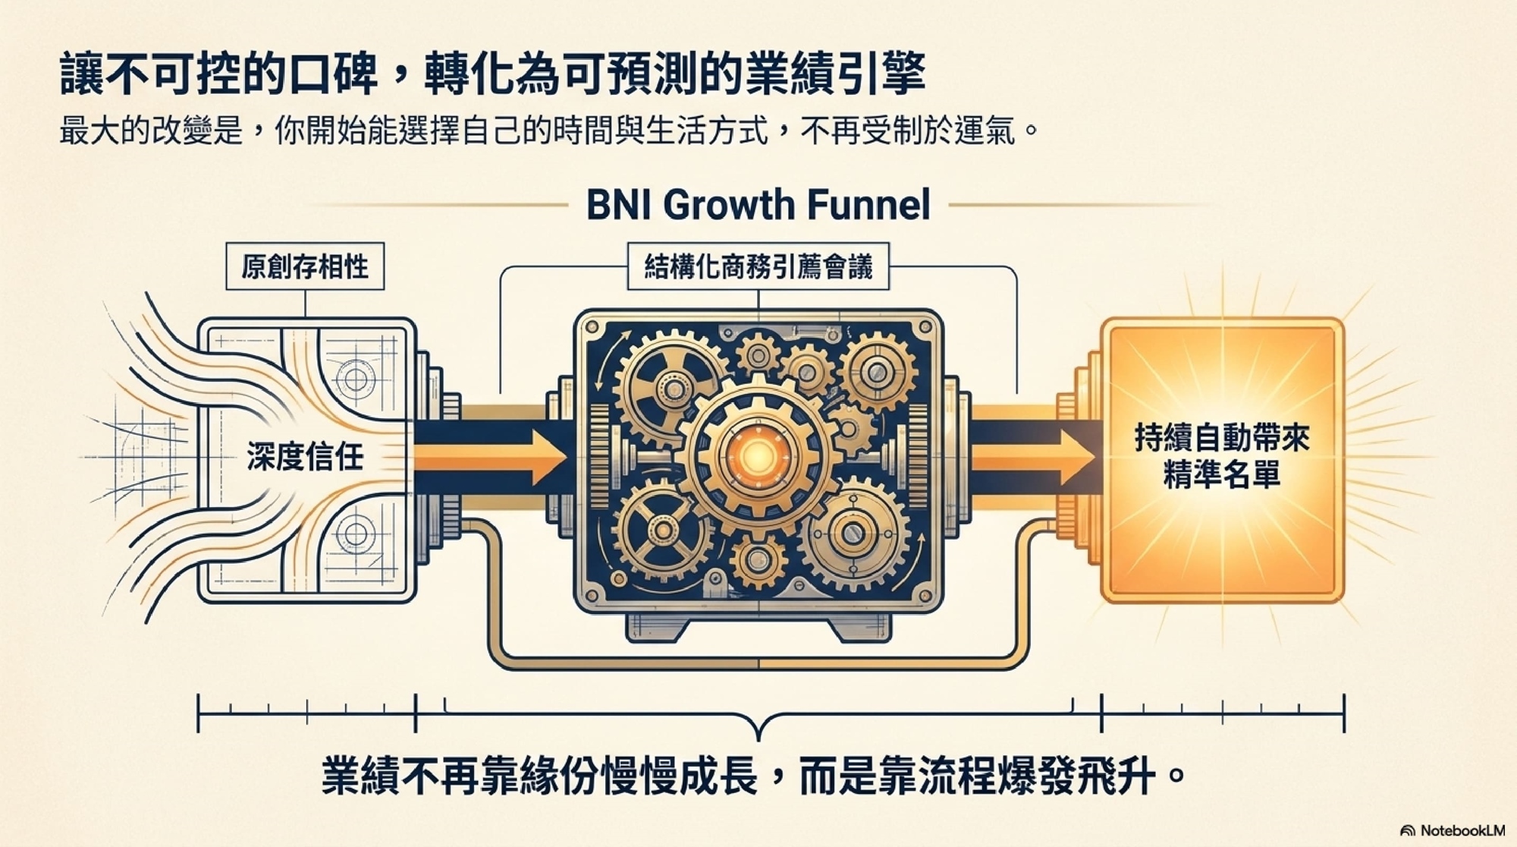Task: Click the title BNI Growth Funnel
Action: point(758,205)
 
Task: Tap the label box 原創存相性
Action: point(305,266)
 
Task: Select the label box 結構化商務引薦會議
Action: point(758,266)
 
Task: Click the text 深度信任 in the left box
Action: point(305,457)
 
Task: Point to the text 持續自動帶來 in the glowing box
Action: point(1222,438)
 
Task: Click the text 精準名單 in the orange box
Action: point(1222,474)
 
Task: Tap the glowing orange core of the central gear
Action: point(757,456)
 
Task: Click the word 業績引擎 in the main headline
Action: point(834,74)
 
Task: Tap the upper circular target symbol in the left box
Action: point(355,377)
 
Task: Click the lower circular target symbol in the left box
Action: point(355,534)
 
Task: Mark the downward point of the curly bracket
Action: point(758,736)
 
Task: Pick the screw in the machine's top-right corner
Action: point(925,327)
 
